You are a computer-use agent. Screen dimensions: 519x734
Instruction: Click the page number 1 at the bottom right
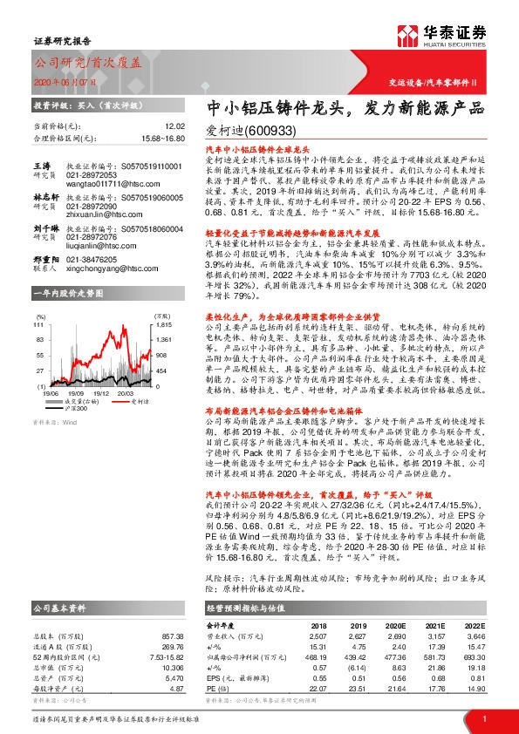click(483, 718)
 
